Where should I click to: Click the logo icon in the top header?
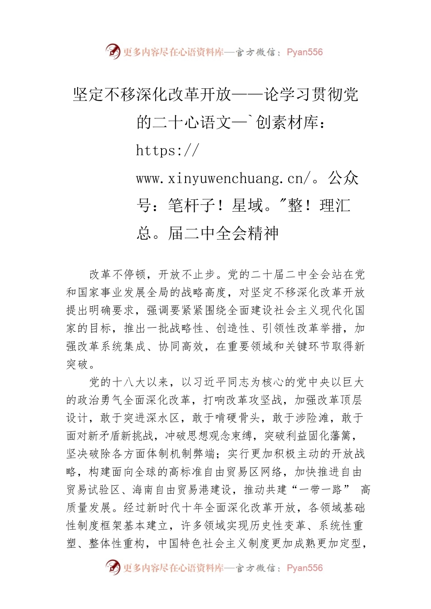(113, 52)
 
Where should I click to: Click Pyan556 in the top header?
(304, 52)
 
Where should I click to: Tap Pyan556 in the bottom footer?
(304, 568)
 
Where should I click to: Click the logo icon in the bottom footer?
(113, 567)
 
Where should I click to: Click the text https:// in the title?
(167, 150)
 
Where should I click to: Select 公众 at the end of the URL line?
(343, 178)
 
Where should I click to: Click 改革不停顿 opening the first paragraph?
(117, 275)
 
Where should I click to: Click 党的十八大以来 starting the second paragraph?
(129, 382)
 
